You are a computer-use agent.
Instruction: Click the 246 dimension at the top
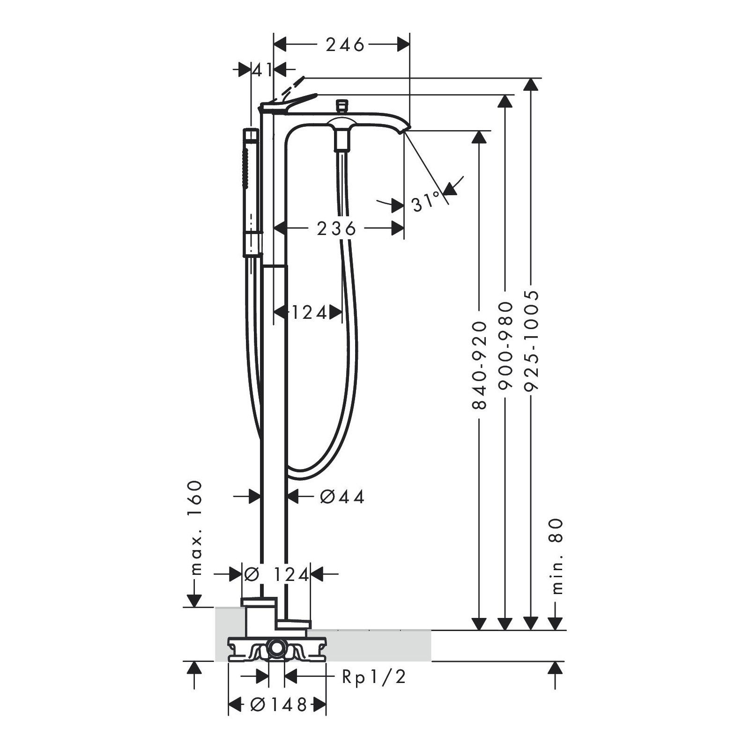pyautogui.click(x=345, y=45)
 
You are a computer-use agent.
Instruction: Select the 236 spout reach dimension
pyautogui.click(x=336, y=228)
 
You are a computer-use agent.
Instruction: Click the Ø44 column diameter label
pyautogui.click(x=342, y=497)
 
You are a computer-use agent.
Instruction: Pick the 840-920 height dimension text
pyautogui.click(x=479, y=365)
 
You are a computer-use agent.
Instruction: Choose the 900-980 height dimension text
pyautogui.click(x=505, y=346)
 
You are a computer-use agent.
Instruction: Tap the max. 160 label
pyautogui.click(x=193, y=528)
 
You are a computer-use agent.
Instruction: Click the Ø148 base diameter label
pyautogui.click(x=278, y=704)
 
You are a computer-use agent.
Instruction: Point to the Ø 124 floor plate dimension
pyautogui.click(x=276, y=574)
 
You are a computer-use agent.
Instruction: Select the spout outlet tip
pyautogui.click(x=403, y=131)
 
